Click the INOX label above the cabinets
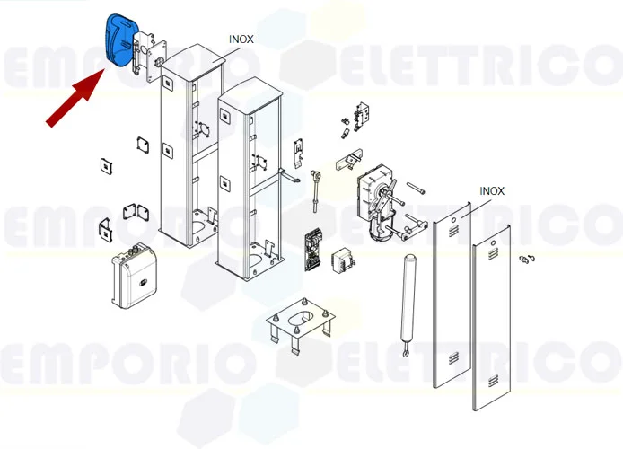240,40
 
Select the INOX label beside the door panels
492,191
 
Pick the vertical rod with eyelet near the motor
316,189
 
